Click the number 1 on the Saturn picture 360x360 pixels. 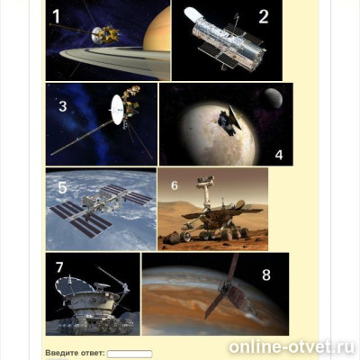(56, 16)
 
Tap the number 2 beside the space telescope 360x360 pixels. (264, 17)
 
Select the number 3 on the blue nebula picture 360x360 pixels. (63, 106)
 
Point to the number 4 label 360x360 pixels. (279, 155)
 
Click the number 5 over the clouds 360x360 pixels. (62, 187)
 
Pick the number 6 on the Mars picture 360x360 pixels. (175, 185)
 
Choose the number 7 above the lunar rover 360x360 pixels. (59, 267)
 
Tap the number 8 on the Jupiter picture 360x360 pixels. (266, 274)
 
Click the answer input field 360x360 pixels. (130, 354)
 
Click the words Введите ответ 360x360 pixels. (75, 353)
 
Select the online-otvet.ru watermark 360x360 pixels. (292, 347)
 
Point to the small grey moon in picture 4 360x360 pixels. (274, 98)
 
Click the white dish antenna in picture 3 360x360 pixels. (118, 110)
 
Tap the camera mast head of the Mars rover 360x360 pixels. (205, 181)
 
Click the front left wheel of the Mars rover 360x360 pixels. (185, 237)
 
